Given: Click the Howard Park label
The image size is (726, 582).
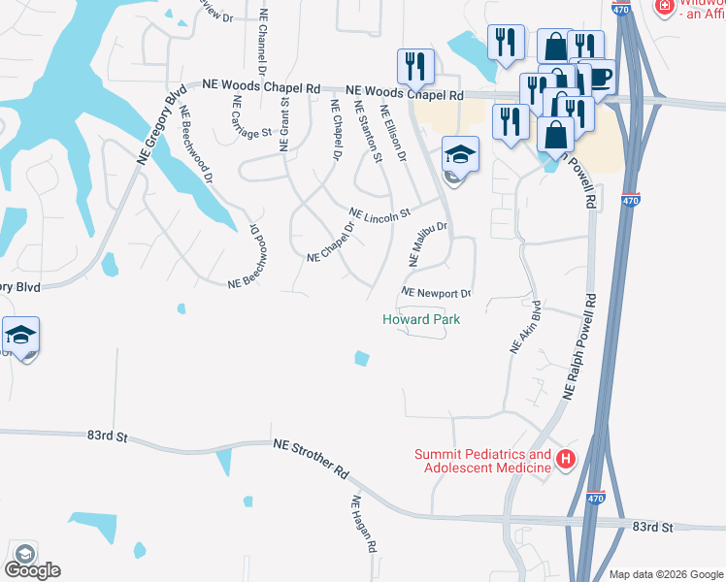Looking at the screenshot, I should (420, 319).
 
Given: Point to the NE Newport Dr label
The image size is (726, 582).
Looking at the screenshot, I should (436, 293).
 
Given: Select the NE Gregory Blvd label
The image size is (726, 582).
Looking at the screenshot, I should (160, 128).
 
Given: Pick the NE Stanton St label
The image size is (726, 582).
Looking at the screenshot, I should (367, 131).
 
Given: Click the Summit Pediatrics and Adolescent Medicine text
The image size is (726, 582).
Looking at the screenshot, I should (482, 461).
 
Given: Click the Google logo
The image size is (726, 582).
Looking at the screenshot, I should (32, 569).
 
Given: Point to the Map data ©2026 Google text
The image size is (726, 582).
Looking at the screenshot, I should (666, 573).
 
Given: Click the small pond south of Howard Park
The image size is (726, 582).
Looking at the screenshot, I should (362, 358).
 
